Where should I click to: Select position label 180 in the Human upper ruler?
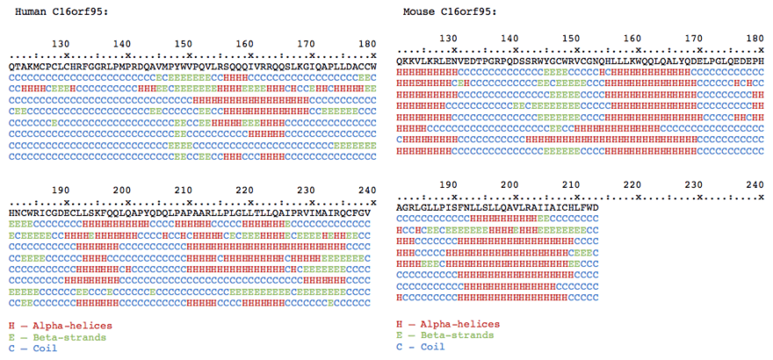click(368, 43)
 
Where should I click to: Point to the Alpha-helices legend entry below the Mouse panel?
click(440, 324)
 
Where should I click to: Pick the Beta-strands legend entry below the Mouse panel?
click(443, 335)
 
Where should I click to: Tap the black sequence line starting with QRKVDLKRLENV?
click(581, 61)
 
